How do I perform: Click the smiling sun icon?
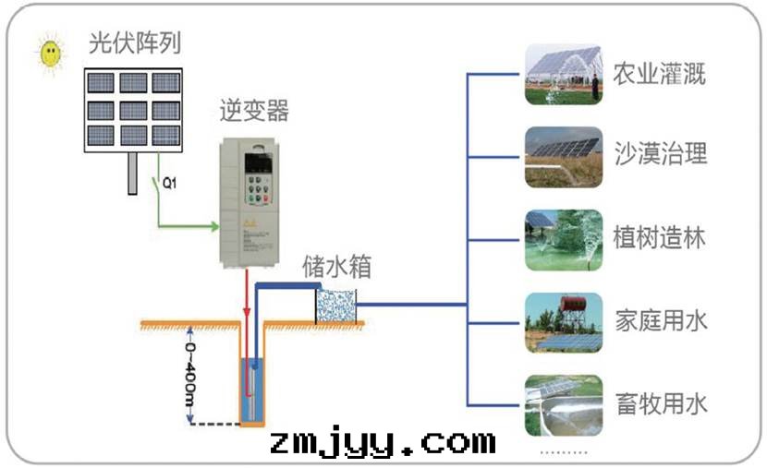(52, 54)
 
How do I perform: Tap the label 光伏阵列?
(134, 43)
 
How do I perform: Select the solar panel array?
(133, 109)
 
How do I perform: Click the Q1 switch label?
(169, 183)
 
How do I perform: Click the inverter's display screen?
(256, 165)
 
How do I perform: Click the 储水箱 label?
(337, 267)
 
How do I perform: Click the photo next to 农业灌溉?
(563, 74)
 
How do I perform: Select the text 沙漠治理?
(660, 154)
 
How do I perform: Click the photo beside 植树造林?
(563, 240)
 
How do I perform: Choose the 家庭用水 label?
(660, 320)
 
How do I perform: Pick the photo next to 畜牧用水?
(563, 405)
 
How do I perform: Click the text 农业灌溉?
(660, 74)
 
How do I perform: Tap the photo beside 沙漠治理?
(563, 157)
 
